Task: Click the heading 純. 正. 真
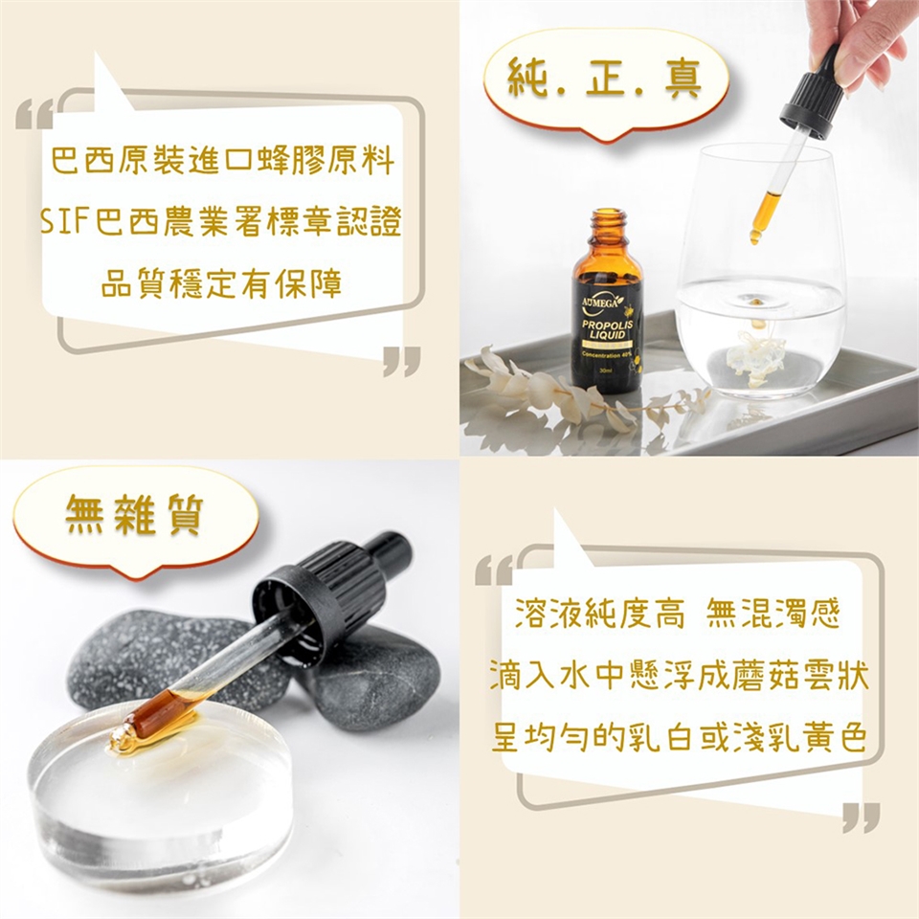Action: pyautogui.click(x=605, y=80)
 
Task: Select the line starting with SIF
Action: pyautogui.click(x=221, y=222)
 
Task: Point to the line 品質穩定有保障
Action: pyautogui.click(x=221, y=284)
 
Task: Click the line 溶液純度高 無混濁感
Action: pyautogui.click(x=678, y=614)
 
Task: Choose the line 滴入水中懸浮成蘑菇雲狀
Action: pyautogui.click(x=679, y=676)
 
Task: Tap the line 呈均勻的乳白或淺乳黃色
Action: pyautogui.click(x=679, y=738)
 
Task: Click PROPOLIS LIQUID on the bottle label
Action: pyautogui.click(x=608, y=329)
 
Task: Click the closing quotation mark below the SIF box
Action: pyautogui.click(x=402, y=361)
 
